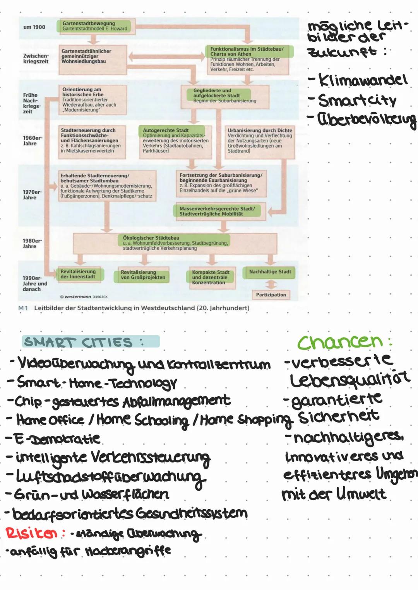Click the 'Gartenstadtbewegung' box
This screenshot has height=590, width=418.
click(x=95, y=26)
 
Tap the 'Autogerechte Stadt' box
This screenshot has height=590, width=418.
click(x=175, y=141)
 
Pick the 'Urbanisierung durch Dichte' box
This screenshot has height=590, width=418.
click(x=260, y=141)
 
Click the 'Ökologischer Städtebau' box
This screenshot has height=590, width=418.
click(x=175, y=243)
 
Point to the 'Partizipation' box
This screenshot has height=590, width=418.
click(x=271, y=295)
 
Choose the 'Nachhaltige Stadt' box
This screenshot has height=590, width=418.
click(x=270, y=272)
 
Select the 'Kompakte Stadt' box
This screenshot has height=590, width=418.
click(x=211, y=277)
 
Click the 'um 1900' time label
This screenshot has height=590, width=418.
click(x=34, y=27)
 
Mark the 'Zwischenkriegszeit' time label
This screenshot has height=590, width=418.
click(x=36, y=59)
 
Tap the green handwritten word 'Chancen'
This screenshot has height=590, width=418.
click(x=340, y=341)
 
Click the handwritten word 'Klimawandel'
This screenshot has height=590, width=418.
click(x=363, y=80)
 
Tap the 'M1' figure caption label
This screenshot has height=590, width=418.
click(x=23, y=308)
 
